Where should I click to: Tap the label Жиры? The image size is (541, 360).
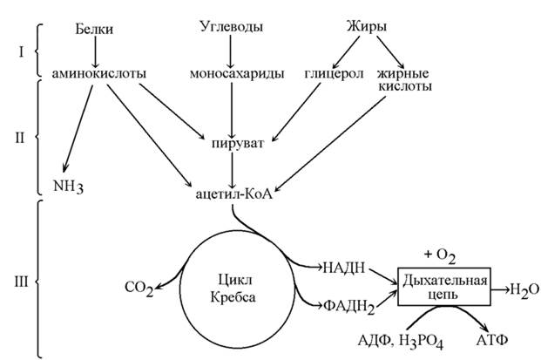pos(364,28)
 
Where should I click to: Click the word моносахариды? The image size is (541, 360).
pos(231,74)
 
